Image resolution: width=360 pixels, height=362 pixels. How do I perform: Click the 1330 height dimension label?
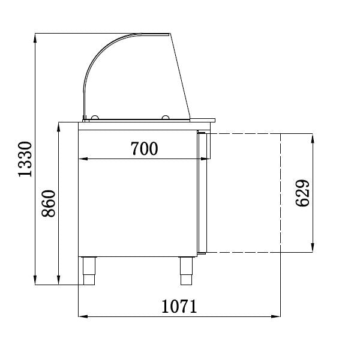(25, 159)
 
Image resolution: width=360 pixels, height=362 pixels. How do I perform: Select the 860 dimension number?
(49, 204)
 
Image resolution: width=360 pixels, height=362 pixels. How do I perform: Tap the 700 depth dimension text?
(144, 148)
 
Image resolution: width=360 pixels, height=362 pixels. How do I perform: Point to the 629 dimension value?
(302, 193)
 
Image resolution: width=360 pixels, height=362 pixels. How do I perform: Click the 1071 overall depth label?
(179, 306)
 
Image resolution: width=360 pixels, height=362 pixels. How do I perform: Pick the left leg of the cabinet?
(89, 271)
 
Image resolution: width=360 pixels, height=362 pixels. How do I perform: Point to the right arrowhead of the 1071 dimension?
(277, 316)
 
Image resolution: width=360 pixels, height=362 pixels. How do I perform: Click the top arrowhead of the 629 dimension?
(312, 137)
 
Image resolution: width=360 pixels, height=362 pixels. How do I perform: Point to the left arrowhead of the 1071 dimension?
(82, 316)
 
